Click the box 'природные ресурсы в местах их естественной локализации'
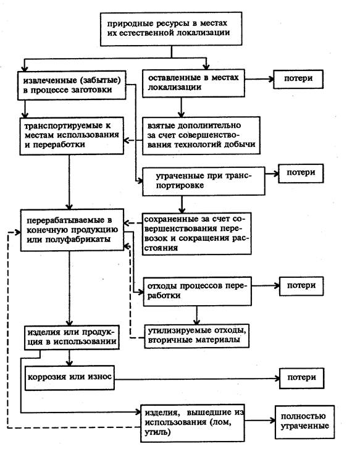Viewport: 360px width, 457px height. (x=171, y=29)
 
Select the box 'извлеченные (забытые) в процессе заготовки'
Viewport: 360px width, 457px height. (x=72, y=85)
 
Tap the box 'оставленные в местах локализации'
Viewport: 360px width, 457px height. (x=193, y=83)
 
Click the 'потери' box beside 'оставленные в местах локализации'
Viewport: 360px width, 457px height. (x=298, y=79)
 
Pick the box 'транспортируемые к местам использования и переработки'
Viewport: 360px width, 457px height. (x=72, y=136)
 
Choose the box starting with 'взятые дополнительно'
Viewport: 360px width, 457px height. (x=201, y=135)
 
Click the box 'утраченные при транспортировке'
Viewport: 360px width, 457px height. (x=204, y=181)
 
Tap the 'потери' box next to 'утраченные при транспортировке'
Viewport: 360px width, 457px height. (x=301, y=174)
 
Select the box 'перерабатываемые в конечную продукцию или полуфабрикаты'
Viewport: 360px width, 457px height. (x=72, y=230)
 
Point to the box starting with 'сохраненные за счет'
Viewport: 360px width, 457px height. (x=196, y=233)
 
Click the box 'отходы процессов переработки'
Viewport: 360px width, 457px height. (x=197, y=291)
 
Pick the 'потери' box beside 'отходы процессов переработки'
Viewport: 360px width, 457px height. (x=301, y=286)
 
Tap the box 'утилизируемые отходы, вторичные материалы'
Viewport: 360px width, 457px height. (x=196, y=336)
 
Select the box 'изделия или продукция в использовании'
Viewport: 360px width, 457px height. (x=72, y=338)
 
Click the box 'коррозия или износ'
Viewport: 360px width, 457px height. (x=69, y=378)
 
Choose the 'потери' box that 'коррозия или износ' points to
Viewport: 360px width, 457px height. (x=301, y=379)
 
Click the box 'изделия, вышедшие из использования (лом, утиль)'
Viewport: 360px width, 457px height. (x=193, y=423)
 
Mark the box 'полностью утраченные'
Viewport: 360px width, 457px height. (x=304, y=422)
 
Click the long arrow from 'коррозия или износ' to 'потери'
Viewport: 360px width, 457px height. (x=197, y=379)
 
